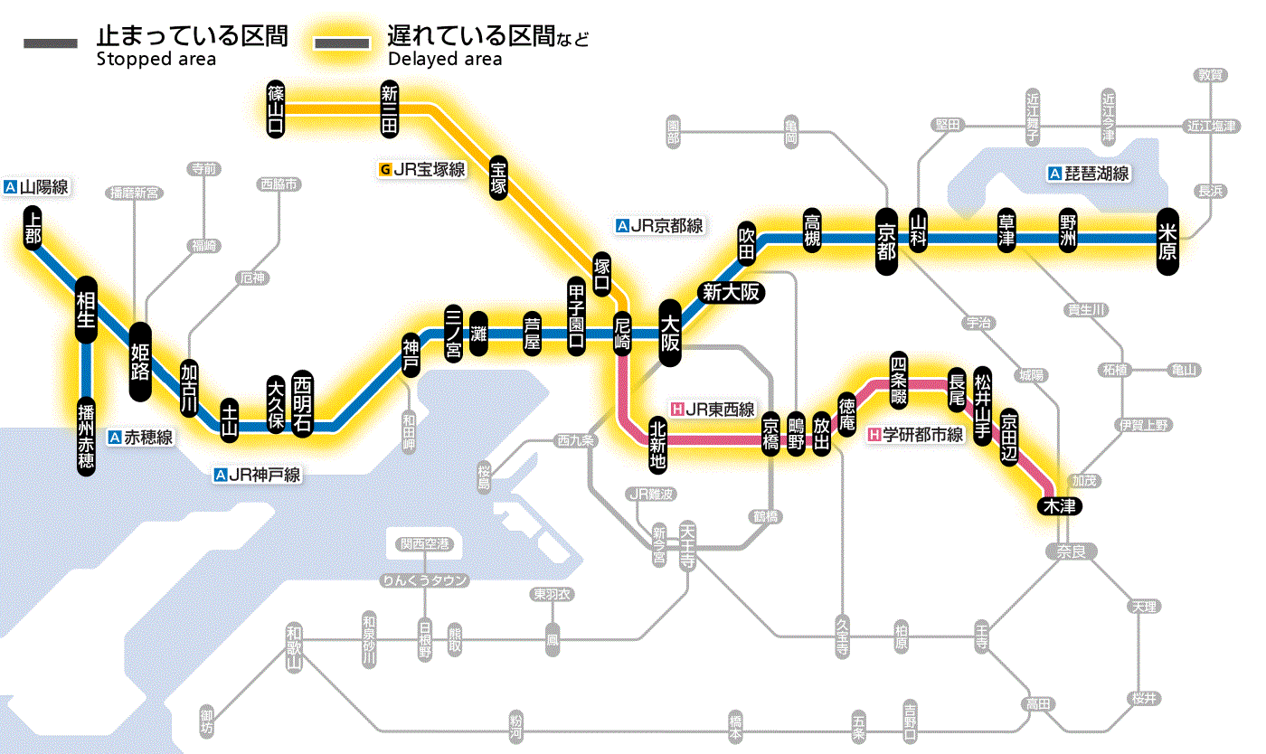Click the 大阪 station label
pyautogui.click(x=670, y=334)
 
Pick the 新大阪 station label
pyautogui.click(x=732, y=292)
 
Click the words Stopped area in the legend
pyautogui.click(x=156, y=60)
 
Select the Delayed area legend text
pyautogui.click(x=444, y=60)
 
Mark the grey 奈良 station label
pyautogui.click(x=1071, y=551)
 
